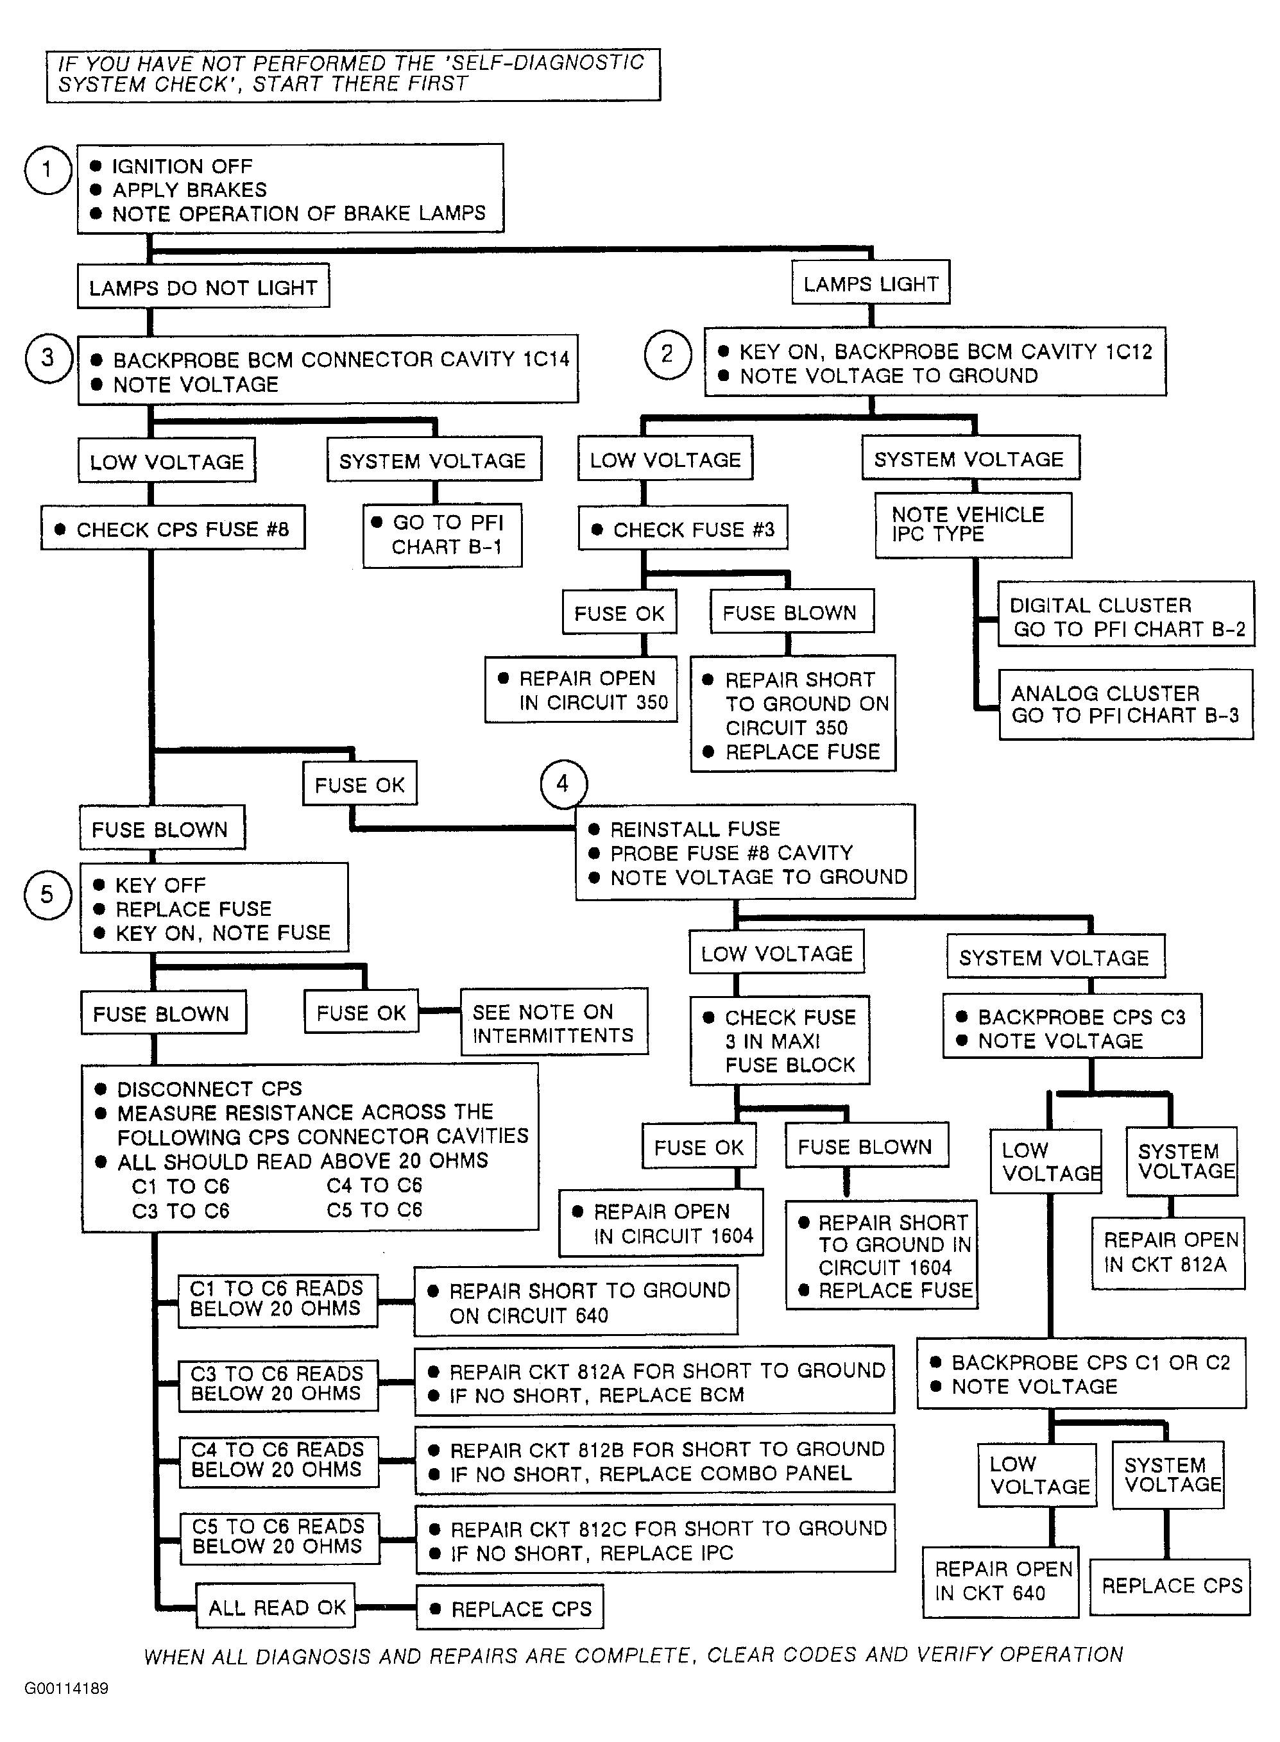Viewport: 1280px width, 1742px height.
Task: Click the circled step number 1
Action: [x=48, y=169]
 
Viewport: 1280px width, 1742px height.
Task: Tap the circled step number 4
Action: [x=563, y=784]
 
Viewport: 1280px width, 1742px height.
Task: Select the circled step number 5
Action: [x=47, y=895]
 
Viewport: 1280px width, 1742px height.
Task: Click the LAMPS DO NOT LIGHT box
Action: [x=203, y=287]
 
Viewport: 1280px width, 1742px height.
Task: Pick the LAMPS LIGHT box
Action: [x=871, y=283]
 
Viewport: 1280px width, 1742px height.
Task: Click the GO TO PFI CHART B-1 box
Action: [x=443, y=535]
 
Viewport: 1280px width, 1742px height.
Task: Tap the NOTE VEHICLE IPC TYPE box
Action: [x=973, y=525]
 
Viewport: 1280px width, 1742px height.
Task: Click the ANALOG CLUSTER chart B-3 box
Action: [x=1126, y=704]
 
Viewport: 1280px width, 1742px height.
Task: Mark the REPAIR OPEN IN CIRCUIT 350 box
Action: [x=581, y=689]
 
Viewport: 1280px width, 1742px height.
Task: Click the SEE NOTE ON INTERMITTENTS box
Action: [x=554, y=1022]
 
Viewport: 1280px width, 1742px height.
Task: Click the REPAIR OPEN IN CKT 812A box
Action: [x=1168, y=1253]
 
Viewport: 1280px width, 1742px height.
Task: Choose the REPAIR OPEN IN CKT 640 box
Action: [x=1000, y=1582]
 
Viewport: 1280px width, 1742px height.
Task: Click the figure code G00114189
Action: [x=67, y=1687]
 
